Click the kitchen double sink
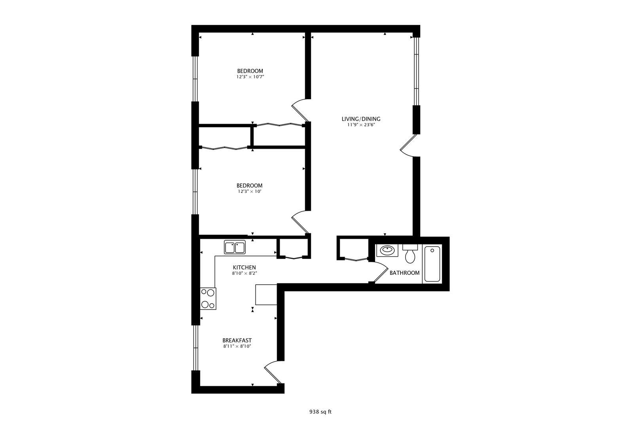(235, 247)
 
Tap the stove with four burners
(208, 299)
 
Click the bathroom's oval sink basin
(386, 250)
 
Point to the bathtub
(432, 264)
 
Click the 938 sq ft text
(320, 412)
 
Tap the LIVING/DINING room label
(361, 119)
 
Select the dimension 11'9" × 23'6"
(361, 125)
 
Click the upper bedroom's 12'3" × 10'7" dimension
(250, 77)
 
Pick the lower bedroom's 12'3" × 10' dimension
(250, 192)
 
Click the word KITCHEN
(244, 267)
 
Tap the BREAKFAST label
(237, 340)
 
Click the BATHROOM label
(404, 273)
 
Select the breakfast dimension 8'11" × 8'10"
(237, 346)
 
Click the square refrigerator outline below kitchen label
(266, 295)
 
